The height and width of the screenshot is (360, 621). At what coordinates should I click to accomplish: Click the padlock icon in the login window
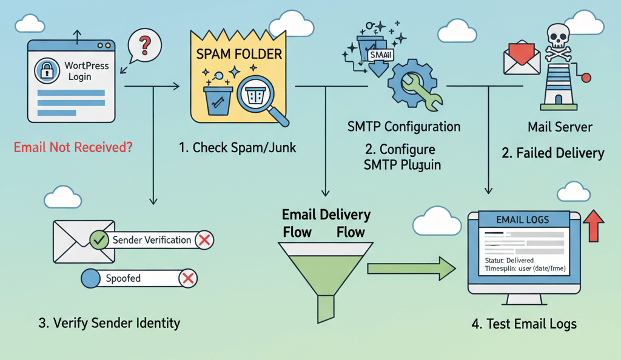point(47,72)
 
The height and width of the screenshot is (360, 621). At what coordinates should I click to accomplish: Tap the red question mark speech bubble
point(145,44)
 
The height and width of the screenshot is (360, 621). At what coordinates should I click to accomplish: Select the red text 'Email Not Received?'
point(73,147)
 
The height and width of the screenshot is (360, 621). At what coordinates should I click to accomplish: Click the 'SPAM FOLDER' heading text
point(239,54)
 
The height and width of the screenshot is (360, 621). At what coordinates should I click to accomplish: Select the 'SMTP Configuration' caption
point(403,127)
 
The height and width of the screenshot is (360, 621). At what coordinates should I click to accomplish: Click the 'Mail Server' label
point(560,127)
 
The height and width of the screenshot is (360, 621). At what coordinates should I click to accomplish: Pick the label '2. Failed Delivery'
point(552,153)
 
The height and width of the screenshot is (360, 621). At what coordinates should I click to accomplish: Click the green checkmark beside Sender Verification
point(99,240)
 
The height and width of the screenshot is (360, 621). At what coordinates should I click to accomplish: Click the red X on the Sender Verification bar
point(204,240)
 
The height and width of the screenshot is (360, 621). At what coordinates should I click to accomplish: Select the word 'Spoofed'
point(123,279)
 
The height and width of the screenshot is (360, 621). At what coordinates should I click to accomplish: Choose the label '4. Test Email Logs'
point(523,324)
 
